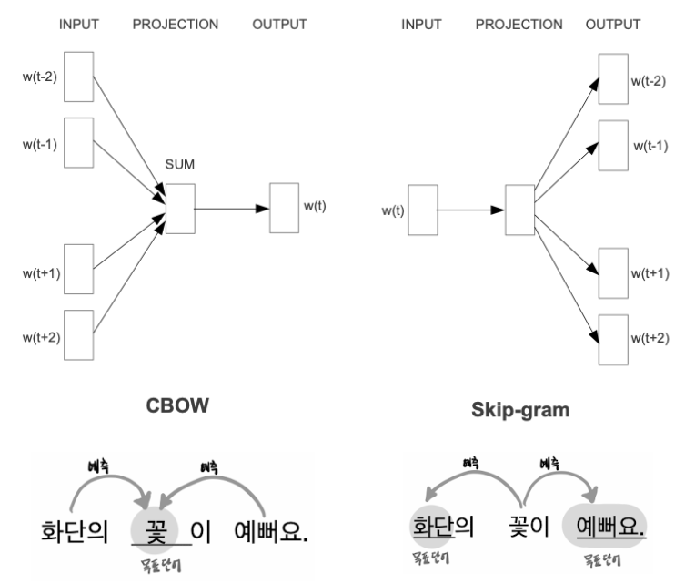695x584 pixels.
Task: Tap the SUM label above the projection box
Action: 180,165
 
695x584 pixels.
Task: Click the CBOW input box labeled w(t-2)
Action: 79,76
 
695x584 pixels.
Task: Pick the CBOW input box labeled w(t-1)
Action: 79,141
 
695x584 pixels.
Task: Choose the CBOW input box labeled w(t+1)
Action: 79,269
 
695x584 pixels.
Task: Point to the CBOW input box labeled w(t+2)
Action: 79,334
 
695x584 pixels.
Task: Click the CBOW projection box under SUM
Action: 180,208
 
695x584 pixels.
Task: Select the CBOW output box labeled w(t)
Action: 284,208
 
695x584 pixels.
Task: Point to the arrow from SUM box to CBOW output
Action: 231,208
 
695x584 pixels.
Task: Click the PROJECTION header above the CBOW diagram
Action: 176,25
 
